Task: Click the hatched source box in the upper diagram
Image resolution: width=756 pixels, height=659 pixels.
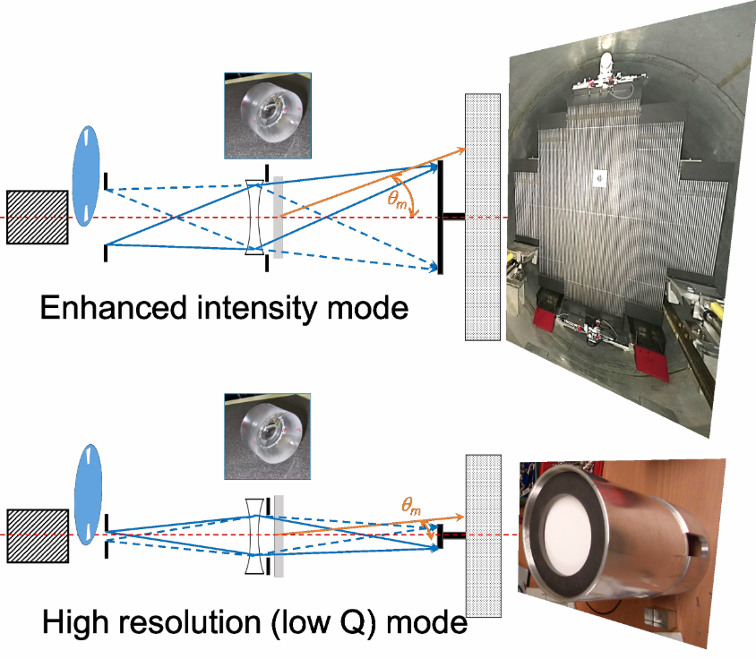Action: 37,217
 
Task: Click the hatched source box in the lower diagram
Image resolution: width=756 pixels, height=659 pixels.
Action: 37,535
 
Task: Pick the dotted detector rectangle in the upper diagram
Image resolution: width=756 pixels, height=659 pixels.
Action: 482,217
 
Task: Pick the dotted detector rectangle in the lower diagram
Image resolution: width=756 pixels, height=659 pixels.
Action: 483,535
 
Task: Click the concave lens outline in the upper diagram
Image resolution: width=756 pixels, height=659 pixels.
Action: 254,217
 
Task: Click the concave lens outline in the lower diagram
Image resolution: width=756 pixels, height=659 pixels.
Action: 255,535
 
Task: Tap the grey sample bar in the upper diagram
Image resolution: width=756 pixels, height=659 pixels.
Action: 279,217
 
